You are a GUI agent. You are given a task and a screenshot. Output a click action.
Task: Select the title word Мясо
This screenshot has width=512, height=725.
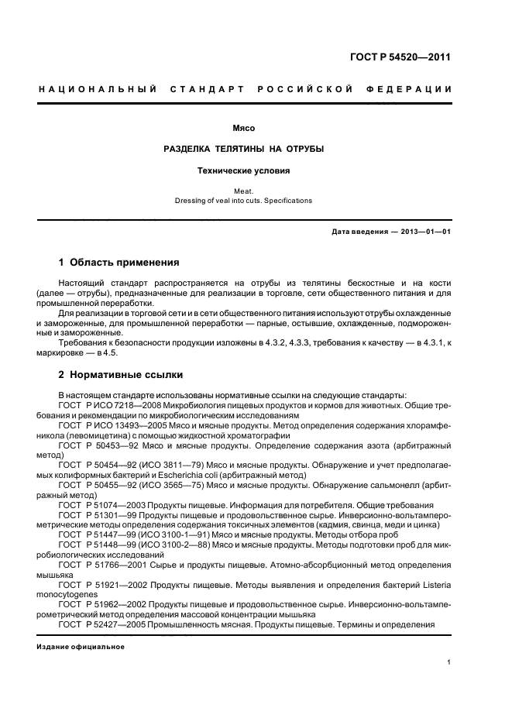[244, 127]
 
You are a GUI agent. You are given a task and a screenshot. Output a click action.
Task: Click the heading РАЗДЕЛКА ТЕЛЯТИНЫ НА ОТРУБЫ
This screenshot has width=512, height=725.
[244, 148]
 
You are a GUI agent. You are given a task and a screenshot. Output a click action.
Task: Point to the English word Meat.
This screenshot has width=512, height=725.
[244, 190]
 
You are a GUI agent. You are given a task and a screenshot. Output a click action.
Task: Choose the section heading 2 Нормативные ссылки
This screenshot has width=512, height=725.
[121, 375]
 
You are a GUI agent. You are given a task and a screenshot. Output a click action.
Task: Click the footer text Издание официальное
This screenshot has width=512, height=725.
[81, 647]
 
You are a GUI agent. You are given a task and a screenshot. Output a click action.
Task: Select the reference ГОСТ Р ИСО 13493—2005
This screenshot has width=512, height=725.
[114, 426]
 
